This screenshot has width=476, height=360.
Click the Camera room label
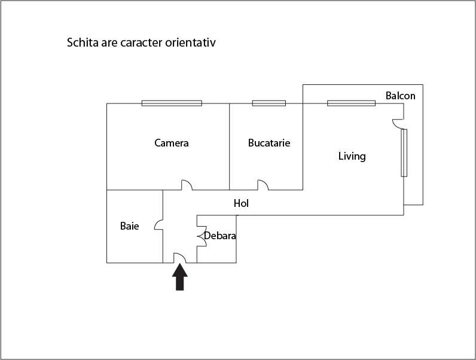172,143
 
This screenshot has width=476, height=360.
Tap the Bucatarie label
269,143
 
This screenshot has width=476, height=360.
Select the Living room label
352,157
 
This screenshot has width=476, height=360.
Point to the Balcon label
400,96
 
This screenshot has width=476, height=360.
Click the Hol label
241,203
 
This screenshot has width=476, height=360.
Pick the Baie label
129,226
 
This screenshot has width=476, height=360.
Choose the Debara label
220,236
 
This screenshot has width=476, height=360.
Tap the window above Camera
172,103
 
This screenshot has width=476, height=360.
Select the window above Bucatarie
268,103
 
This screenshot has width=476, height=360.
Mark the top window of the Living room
351,103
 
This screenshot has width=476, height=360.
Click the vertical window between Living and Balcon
404,152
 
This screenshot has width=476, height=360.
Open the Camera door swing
187,185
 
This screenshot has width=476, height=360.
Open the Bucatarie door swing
263,185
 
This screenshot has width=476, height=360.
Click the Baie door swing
158,225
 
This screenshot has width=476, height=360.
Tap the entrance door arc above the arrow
180,258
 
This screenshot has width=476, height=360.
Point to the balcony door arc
397,123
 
